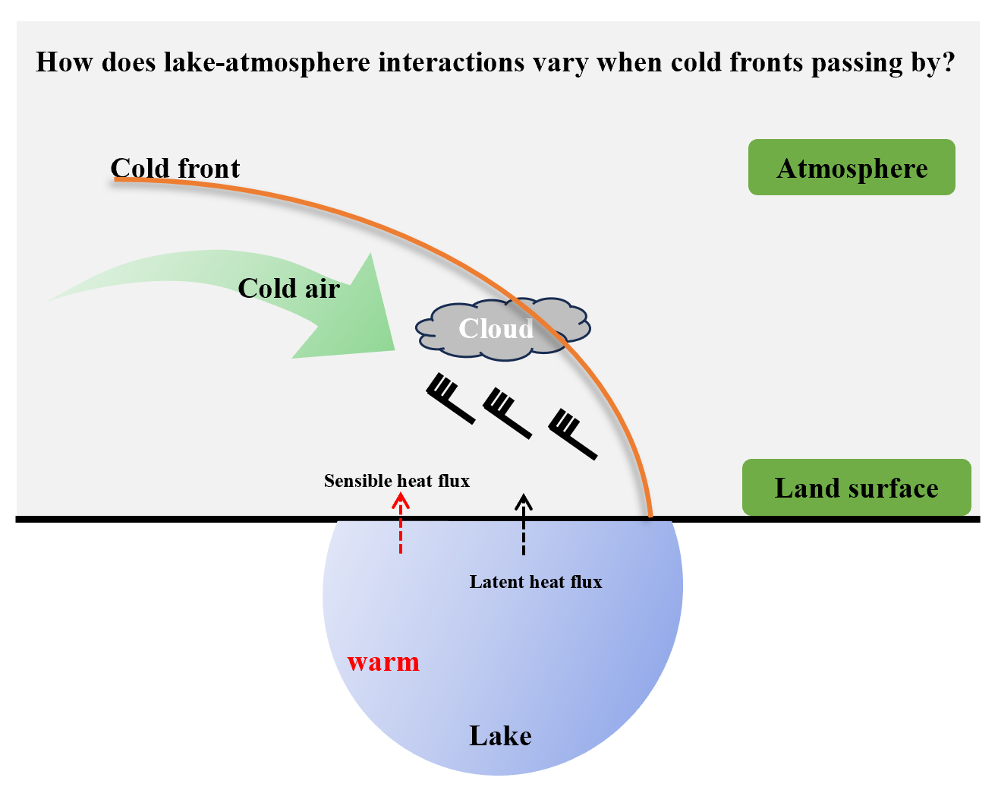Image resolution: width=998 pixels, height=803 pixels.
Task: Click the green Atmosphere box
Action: click(x=852, y=167)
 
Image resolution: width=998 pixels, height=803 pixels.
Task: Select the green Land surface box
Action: click(x=856, y=488)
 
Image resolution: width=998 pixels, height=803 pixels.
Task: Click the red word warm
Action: click(x=383, y=662)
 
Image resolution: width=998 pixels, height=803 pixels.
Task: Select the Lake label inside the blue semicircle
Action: click(x=500, y=735)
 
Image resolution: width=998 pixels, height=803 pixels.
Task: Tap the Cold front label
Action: click(x=175, y=168)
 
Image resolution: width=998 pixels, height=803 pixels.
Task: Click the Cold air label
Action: click(x=288, y=288)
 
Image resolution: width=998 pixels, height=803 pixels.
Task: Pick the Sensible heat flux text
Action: click(x=397, y=481)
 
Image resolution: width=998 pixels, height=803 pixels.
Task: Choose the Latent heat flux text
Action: click(x=536, y=582)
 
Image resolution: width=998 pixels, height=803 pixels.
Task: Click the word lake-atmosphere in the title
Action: click(x=267, y=62)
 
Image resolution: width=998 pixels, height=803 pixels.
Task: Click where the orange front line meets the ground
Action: click(x=650, y=517)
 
